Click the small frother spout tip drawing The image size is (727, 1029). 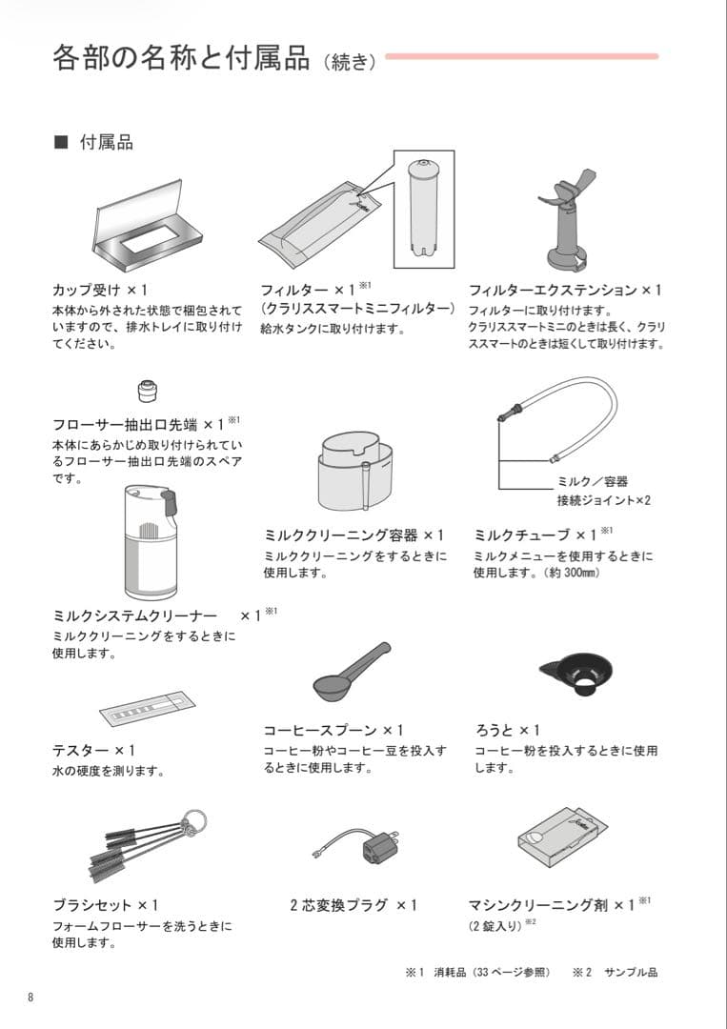pyautogui.click(x=148, y=390)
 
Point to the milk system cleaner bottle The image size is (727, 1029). pyautogui.click(x=151, y=538)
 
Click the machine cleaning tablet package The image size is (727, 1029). pyautogui.click(x=562, y=838)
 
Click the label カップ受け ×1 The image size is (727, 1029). pyautogui.click(x=101, y=290)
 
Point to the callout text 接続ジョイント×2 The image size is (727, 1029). pyautogui.click(x=603, y=500)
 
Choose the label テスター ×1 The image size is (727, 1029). pyautogui.click(x=93, y=751)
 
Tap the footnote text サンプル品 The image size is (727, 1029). pyautogui.click(x=630, y=973)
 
